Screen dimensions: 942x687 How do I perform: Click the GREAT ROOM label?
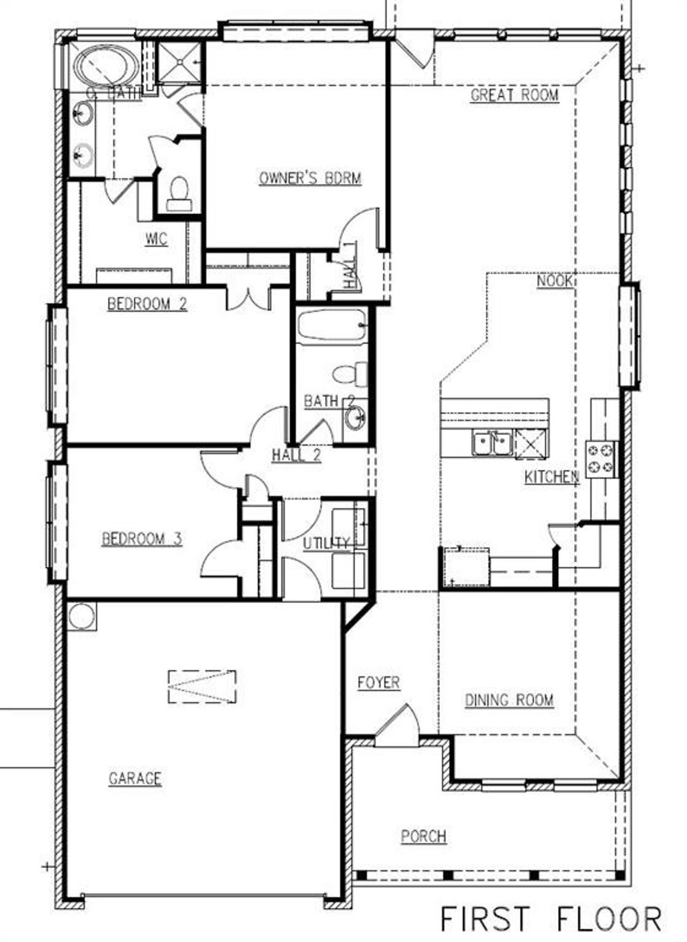tap(514, 95)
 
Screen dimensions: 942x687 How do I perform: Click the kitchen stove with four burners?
tap(601, 458)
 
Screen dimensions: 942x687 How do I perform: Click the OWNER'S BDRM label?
tap(310, 178)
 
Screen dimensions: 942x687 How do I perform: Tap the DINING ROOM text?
tap(509, 700)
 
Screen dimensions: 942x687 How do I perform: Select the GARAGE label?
tap(135, 778)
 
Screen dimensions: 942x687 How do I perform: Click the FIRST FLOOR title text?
tap(550, 918)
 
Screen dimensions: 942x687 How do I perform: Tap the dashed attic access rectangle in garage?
tap(202, 687)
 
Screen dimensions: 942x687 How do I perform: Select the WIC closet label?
tap(156, 239)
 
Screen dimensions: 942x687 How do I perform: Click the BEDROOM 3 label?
tap(142, 538)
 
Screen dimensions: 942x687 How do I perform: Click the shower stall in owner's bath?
tap(179, 62)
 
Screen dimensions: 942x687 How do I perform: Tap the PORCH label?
tap(423, 836)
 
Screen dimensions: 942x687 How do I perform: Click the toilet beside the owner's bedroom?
tap(178, 194)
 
